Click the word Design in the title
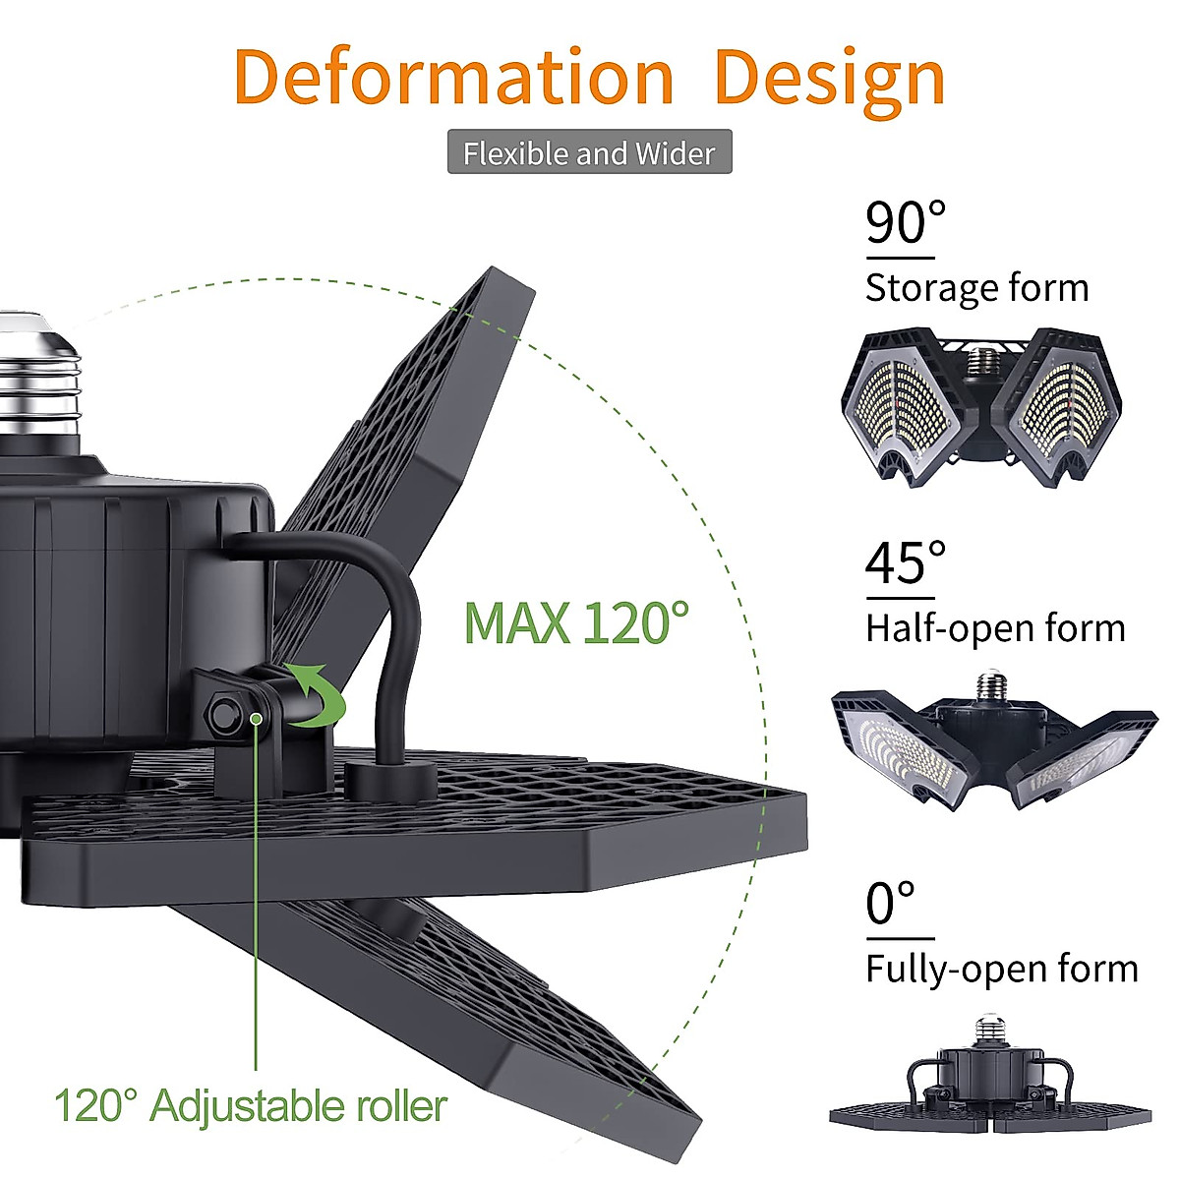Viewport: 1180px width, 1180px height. click(x=829, y=79)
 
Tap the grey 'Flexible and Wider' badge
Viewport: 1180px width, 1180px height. click(x=589, y=152)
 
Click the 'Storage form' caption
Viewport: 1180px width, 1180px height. click(x=976, y=288)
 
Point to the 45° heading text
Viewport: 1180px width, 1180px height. click(x=905, y=563)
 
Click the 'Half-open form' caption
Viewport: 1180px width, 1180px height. click(x=995, y=628)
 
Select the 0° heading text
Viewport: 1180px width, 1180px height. click(x=891, y=904)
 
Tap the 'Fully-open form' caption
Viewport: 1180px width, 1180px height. click(x=1001, y=970)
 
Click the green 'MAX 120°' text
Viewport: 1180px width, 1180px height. click(x=576, y=622)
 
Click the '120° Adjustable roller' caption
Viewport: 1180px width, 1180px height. click(x=251, y=1106)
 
